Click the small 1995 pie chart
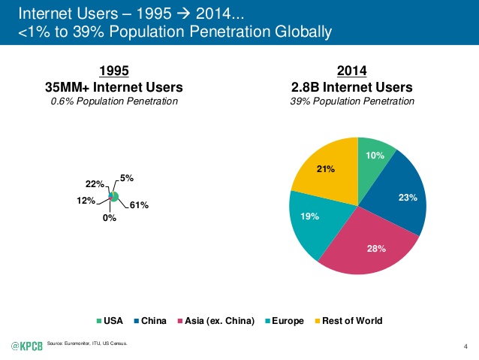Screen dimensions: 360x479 click(x=113, y=196)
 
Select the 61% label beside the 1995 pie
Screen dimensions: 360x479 click(x=138, y=204)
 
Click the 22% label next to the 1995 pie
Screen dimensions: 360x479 click(x=93, y=184)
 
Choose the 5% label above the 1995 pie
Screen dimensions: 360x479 click(x=126, y=178)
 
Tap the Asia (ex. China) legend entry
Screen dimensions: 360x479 click(x=212, y=321)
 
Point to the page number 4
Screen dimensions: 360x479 click(x=466, y=346)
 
